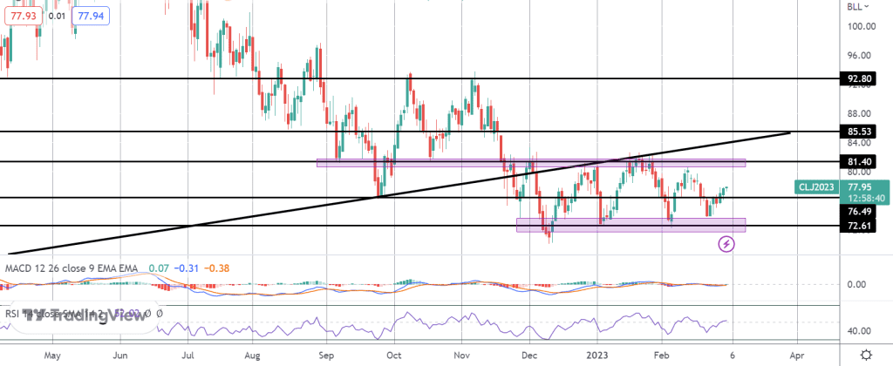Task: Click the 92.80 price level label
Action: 861,78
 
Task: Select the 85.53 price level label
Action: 861,132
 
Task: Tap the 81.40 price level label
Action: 861,162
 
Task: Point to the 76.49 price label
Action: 861,210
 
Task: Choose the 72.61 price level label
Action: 861,226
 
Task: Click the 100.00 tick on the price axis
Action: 861,26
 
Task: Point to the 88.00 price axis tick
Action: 861,113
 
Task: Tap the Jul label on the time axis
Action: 188,356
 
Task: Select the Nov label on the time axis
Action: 463,356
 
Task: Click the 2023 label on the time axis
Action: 598,356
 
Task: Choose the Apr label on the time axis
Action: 795,356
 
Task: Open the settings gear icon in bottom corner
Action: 865,355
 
